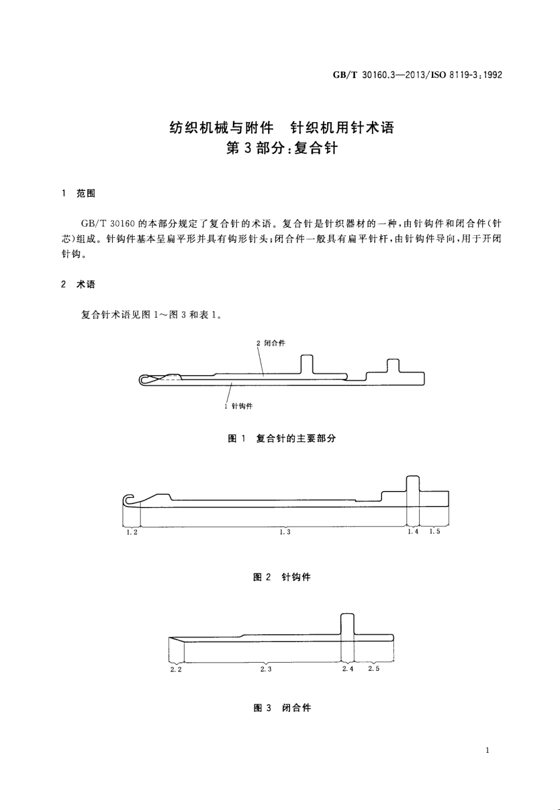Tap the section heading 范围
coord(85,193)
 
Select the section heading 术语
coord(85,284)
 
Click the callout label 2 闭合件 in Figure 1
coord(271,343)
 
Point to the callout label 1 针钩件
coord(239,406)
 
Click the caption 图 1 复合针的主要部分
coord(282,439)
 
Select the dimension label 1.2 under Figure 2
coord(132,532)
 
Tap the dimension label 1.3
coord(285,532)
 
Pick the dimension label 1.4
coord(413,532)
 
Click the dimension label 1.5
coord(434,532)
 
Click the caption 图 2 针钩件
coord(282,577)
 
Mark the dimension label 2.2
coord(176,670)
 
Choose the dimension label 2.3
coord(266,670)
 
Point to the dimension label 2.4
coord(348,669)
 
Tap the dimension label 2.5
coord(374,669)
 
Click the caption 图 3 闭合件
coord(282,708)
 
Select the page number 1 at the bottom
coord(487,750)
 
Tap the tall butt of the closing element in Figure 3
coord(348,623)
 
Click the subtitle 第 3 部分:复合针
coord(282,149)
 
